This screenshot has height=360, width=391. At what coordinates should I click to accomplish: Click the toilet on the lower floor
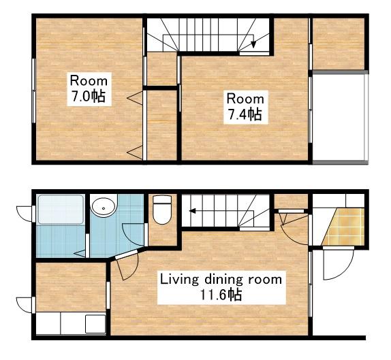pos(162,210)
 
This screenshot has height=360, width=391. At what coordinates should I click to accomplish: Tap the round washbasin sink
pos(104,206)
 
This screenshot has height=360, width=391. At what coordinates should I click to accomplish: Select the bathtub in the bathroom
pos(61,210)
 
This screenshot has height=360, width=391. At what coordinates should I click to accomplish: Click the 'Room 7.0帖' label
pos(89,89)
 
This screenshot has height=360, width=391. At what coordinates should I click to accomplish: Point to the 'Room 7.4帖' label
pos(246,107)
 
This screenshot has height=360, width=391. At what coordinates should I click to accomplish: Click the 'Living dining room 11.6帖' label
pos(221,287)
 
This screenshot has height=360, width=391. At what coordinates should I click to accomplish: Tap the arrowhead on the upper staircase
pos(253,44)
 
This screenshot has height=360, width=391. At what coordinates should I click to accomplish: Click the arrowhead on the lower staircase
pos(192,211)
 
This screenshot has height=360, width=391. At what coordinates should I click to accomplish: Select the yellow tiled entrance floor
pos(343,227)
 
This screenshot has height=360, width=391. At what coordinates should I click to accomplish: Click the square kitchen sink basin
pos(95,324)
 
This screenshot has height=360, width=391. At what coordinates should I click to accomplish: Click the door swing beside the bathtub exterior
pos(25,214)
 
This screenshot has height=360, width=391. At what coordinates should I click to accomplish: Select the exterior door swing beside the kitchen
pos(25,305)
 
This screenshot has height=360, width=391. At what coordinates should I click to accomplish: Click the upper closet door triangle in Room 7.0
pos(135,98)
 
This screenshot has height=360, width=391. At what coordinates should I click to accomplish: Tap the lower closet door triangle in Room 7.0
pos(135,152)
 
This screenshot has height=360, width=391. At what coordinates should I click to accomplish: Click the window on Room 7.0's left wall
pos(33,91)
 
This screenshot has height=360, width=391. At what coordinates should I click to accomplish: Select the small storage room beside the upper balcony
pos(339,44)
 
